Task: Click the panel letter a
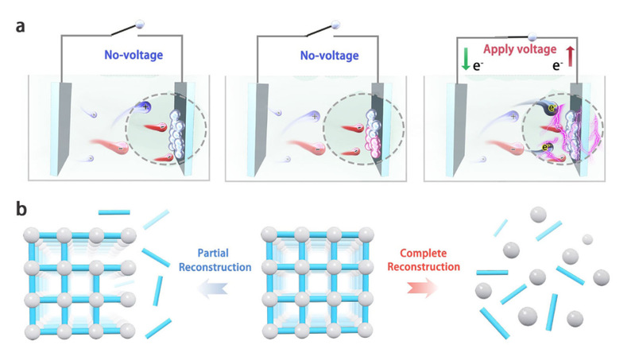20,27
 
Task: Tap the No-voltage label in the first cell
134,55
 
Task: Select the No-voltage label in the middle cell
329,56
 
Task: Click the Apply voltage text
520,49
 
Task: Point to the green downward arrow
466,59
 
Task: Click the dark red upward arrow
570,56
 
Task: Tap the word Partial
213,254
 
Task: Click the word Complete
423,254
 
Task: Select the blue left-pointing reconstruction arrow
213,288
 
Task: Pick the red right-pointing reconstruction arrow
423,288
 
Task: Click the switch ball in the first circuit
140,25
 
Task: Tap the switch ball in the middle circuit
335,25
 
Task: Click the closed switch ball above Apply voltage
532,37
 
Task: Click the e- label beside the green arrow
478,66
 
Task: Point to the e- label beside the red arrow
558,66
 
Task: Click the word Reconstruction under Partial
215,267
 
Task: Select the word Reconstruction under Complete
424,267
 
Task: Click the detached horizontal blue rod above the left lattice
114,212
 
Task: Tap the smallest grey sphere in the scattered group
587,239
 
